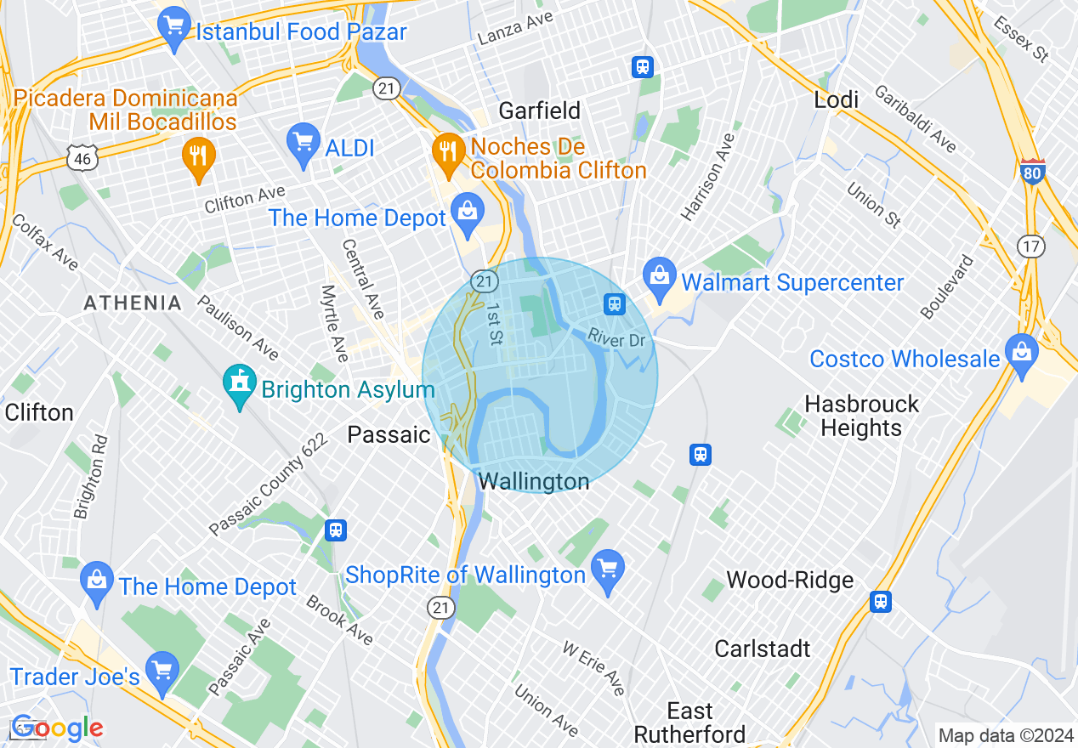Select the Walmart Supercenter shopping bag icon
tap(659, 273)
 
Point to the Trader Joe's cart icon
tap(161, 667)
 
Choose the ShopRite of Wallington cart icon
tap(607, 565)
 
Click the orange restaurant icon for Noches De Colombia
tap(445, 151)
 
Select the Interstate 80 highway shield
tap(1032, 172)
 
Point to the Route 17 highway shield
tap(1030, 246)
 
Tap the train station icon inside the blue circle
tap(615, 303)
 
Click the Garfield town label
tap(539, 110)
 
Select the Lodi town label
tap(836, 99)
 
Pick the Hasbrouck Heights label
tap(861, 416)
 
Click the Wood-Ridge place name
tap(790, 581)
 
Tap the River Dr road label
tap(616, 340)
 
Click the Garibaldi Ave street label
tap(915, 118)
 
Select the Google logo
tap(57, 728)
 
